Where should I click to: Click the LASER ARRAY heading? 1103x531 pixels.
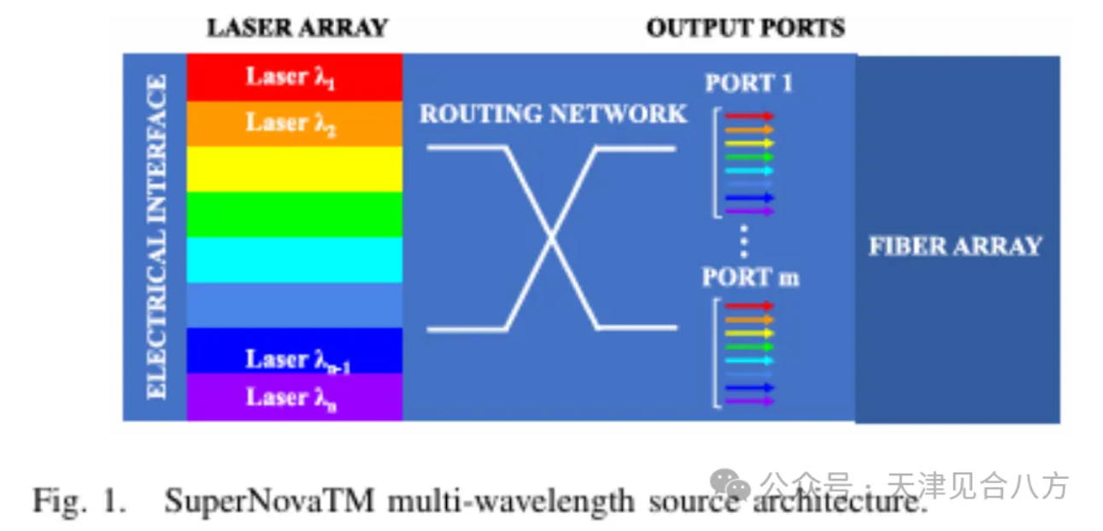pos(298,27)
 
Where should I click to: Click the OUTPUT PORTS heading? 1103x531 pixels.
pos(746,27)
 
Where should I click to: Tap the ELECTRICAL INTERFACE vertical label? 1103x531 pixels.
pos(157,237)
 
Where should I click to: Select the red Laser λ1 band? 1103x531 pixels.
pos(295,78)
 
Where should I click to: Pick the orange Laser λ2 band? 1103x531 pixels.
pos(295,123)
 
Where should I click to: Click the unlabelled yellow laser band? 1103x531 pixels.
pos(295,169)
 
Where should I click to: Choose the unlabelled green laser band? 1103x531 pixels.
pos(295,215)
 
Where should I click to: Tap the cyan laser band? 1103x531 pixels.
pos(295,260)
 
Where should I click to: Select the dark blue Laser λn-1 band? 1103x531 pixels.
pos(295,351)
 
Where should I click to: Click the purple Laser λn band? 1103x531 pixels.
pos(295,397)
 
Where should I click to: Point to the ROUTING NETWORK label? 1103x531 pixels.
pos(553,114)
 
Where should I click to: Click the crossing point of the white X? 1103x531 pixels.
pos(552,238)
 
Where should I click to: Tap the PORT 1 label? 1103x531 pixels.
pos(748,83)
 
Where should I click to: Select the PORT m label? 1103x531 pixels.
pos(750,277)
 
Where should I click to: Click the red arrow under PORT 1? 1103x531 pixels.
pos(749,116)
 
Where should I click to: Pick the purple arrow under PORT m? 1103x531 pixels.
pos(749,401)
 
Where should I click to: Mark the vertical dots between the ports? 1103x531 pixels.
pos(744,242)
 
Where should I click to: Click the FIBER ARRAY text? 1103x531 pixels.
pos(955,246)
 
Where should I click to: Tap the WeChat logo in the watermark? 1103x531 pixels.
pos(730,484)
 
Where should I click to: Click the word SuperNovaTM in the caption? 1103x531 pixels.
pos(269,501)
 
